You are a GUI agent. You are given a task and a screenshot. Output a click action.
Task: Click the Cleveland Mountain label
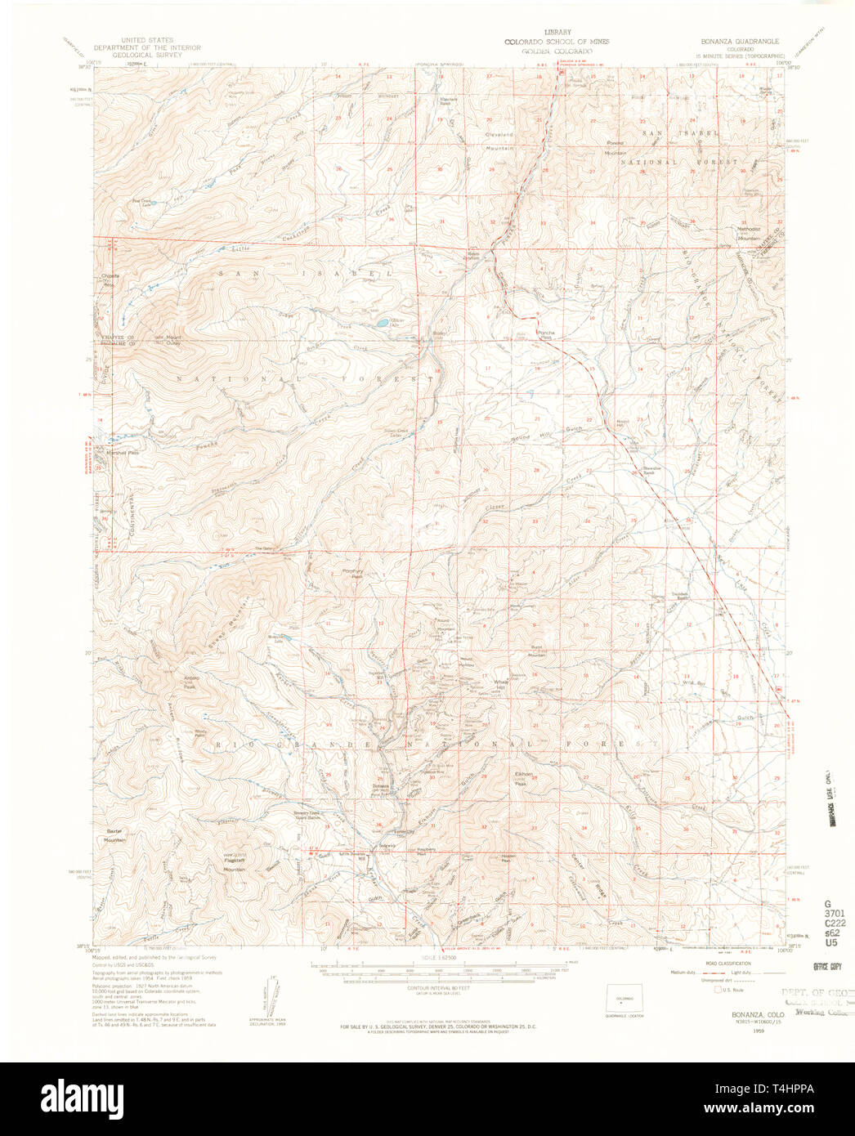499,141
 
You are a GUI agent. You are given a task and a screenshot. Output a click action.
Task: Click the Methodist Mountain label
749,233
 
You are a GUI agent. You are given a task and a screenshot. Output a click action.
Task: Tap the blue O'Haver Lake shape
383,324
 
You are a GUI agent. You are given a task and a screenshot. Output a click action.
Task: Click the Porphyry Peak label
351,574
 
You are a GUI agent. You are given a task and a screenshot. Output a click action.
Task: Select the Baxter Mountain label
114,836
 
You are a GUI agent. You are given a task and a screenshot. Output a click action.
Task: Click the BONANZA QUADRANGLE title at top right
739,40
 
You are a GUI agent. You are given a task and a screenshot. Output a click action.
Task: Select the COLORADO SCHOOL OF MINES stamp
556,42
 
